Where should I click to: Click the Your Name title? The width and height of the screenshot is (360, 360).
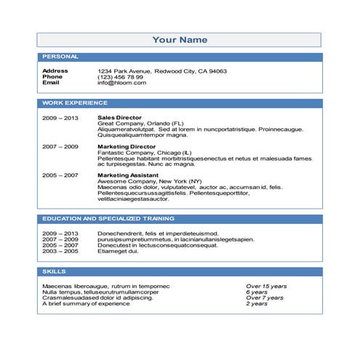pyautogui.click(x=180, y=39)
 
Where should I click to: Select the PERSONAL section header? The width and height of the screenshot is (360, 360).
pyautogui.click(x=61, y=57)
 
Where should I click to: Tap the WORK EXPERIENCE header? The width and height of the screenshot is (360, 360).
pyautogui.click(x=75, y=103)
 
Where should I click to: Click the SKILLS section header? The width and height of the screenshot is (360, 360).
pyautogui.click(x=55, y=271)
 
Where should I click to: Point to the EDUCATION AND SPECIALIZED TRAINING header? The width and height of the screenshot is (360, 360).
pyautogui.click(x=108, y=218)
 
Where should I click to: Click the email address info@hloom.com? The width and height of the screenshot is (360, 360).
pyautogui.click(x=121, y=83)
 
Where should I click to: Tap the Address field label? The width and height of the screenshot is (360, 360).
pyautogui.click(x=55, y=71)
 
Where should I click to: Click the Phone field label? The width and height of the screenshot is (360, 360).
pyautogui.click(x=52, y=77)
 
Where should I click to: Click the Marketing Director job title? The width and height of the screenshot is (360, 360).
pyautogui.click(x=124, y=146)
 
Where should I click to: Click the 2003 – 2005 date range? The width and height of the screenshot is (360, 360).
pyautogui.click(x=60, y=251)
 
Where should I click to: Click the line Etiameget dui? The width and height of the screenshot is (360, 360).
pyautogui.click(x=118, y=251)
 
